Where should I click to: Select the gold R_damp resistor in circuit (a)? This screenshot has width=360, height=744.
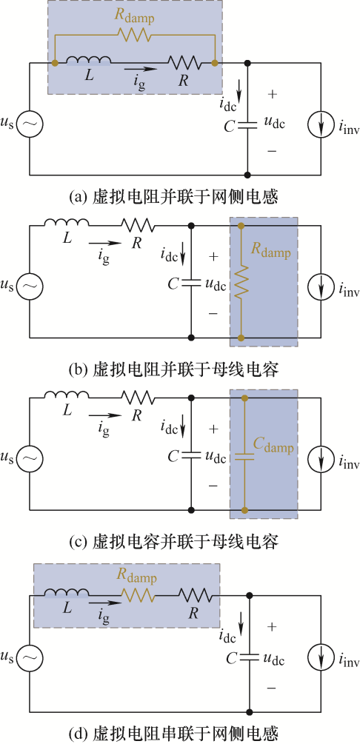pyautogui.click(x=136, y=35)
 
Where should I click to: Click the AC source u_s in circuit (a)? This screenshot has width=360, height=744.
pyautogui.click(x=30, y=124)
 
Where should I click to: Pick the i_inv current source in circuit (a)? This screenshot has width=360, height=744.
pyautogui.click(x=323, y=124)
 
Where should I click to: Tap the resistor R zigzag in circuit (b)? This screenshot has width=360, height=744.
pyautogui.click(x=138, y=224)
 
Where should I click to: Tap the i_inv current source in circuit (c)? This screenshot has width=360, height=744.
pyautogui.click(x=323, y=458)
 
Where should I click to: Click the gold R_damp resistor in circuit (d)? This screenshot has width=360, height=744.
pyautogui.click(x=138, y=594)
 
